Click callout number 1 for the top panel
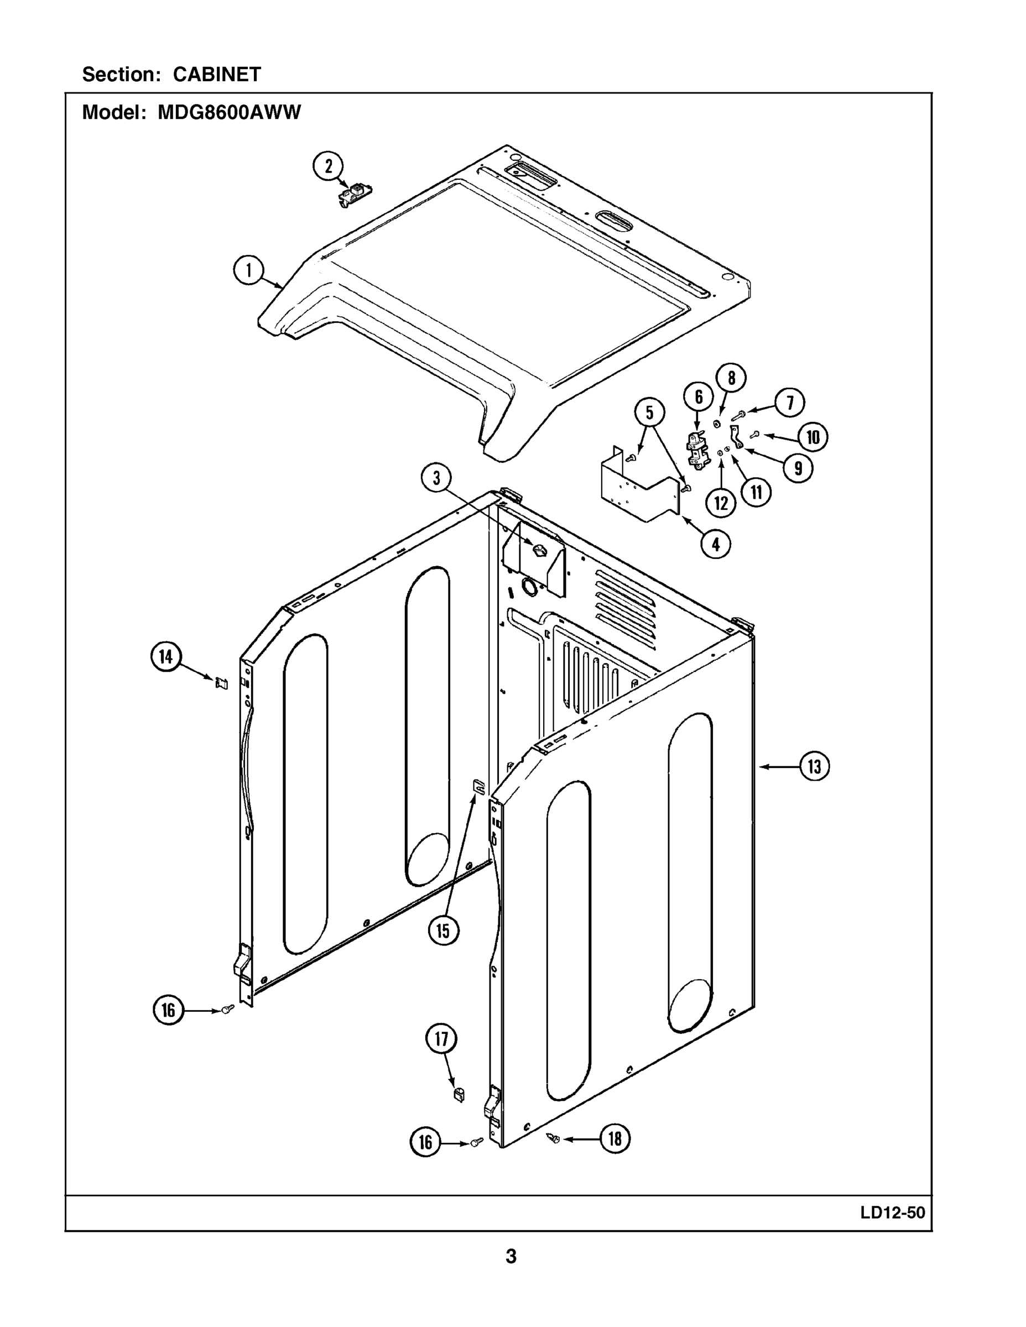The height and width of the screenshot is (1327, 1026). coord(248,270)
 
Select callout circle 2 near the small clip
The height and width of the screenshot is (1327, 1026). coord(328,166)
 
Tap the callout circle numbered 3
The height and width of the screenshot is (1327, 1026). coord(436,478)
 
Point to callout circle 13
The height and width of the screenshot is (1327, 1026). coord(815,766)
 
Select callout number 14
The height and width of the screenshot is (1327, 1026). coord(166,657)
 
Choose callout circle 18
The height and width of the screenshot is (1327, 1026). coord(615,1138)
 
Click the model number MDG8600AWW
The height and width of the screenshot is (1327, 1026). coord(229,112)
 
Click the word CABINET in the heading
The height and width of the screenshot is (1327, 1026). coord(217,74)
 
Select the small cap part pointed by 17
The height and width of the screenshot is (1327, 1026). coord(459,1094)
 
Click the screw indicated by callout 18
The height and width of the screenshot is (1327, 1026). coord(554,1137)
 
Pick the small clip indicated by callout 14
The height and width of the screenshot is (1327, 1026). coord(222,683)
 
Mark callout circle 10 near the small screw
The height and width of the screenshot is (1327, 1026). coord(813,437)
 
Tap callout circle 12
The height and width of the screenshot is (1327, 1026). coord(721,503)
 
